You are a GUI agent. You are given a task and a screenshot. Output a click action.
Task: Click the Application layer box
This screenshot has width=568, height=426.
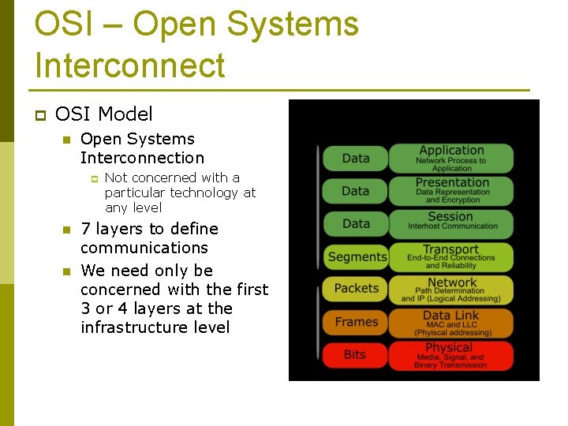(x=452, y=158)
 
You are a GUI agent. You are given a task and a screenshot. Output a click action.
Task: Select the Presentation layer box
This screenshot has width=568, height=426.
(x=452, y=190)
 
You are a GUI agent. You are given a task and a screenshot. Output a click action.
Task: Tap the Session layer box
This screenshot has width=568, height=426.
(x=452, y=222)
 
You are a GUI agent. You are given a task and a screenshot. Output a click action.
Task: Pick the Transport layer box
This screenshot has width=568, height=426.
(x=452, y=256)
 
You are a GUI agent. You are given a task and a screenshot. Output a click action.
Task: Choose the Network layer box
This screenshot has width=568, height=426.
(x=452, y=289)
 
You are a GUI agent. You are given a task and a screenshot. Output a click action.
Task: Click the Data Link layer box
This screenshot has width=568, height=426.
(x=452, y=322)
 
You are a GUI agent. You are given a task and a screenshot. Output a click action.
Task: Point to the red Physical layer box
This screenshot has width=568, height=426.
(x=452, y=355)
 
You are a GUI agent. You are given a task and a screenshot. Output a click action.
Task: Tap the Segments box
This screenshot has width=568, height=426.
(x=357, y=256)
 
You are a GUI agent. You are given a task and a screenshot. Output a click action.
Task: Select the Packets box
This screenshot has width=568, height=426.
(x=357, y=289)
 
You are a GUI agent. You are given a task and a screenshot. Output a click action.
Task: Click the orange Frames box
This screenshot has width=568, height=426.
(x=357, y=322)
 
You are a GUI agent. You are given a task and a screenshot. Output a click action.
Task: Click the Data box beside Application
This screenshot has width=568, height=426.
(x=357, y=158)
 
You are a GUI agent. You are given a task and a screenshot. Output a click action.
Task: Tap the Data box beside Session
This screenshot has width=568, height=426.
(x=357, y=223)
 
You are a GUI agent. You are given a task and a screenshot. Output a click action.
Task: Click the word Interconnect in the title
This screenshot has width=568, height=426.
(x=130, y=65)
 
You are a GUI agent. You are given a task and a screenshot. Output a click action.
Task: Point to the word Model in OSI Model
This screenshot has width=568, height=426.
(x=127, y=114)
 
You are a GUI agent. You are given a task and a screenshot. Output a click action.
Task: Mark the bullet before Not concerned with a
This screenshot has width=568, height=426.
(x=92, y=179)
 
